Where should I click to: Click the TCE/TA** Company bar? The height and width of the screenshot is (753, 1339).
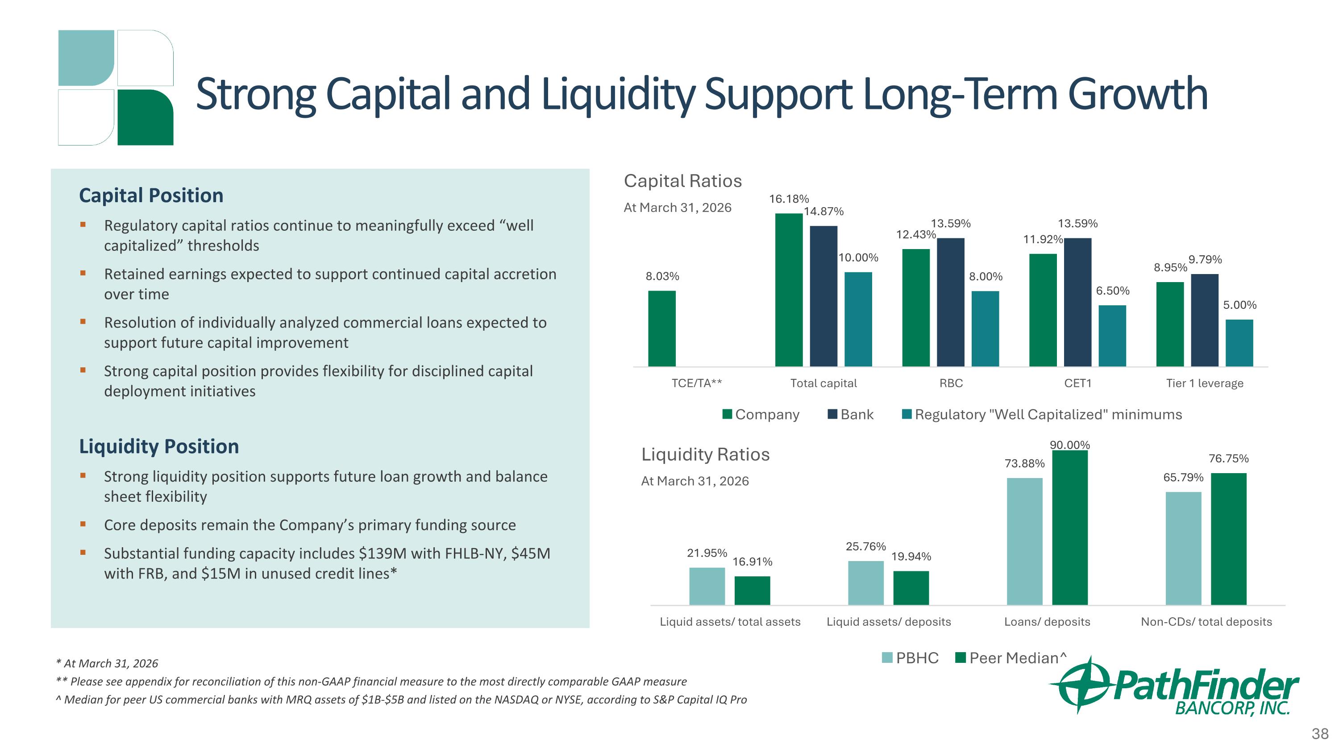pos(662,329)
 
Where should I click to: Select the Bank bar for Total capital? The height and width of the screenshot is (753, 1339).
pos(823,296)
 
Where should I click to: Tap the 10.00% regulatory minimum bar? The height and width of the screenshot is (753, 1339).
pos(858,319)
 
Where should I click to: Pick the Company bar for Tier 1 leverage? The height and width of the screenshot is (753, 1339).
pos(1170,324)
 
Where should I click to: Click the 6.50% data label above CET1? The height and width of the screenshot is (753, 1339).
pos(1113,291)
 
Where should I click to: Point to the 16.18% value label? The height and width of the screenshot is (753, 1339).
pos(789,199)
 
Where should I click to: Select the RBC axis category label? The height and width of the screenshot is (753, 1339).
pos(951,383)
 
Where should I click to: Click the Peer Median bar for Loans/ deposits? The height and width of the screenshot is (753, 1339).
pos(1070,528)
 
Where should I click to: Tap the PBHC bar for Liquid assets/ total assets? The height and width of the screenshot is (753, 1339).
pos(707,586)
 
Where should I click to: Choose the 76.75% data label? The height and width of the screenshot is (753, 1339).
pos(1229,458)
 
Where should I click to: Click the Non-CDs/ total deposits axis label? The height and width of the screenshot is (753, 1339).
pos(1206,621)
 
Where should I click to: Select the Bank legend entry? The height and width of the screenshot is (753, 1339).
pos(851,414)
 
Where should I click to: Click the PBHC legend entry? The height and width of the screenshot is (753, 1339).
pos(910,658)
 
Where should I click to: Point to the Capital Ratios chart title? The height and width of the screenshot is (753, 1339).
pos(682,181)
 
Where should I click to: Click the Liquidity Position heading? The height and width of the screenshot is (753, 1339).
pos(159,446)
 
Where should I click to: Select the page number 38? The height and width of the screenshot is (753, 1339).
pos(1320,734)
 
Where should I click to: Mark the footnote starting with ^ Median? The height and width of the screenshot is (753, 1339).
pos(401,699)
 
